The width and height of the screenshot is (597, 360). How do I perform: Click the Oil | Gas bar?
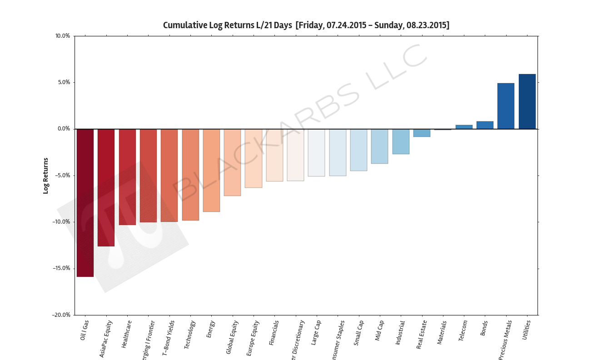click(x=85, y=203)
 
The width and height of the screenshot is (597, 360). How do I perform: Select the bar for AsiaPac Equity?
click(x=106, y=187)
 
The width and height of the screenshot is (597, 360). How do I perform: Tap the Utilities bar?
click(x=527, y=101)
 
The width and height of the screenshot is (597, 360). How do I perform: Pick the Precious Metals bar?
click(x=506, y=106)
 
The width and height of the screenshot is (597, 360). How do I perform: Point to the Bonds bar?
click(x=485, y=125)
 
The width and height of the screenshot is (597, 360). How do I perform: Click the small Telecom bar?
click(x=464, y=127)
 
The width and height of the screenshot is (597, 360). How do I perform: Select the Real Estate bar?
click(x=422, y=133)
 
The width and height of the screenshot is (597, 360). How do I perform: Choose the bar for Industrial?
click(x=401, y=141)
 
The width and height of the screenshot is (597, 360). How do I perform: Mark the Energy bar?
click(x=211, y=170)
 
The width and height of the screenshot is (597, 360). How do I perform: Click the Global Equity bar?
click(x=232, y=162)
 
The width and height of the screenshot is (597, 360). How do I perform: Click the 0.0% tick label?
click(x=64, y=129)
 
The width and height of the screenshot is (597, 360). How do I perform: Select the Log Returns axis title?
click(x=45, y=175)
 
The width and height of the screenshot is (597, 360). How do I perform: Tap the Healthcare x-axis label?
click(x=127, y=335)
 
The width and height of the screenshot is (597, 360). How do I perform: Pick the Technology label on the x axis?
click(x=190, y=335)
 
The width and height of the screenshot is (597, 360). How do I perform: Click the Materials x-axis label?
click(x=442, y=333)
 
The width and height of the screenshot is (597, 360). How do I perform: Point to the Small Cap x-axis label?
click(x=358, y=333)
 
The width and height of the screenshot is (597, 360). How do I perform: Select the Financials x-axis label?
click(x=274, y=333)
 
